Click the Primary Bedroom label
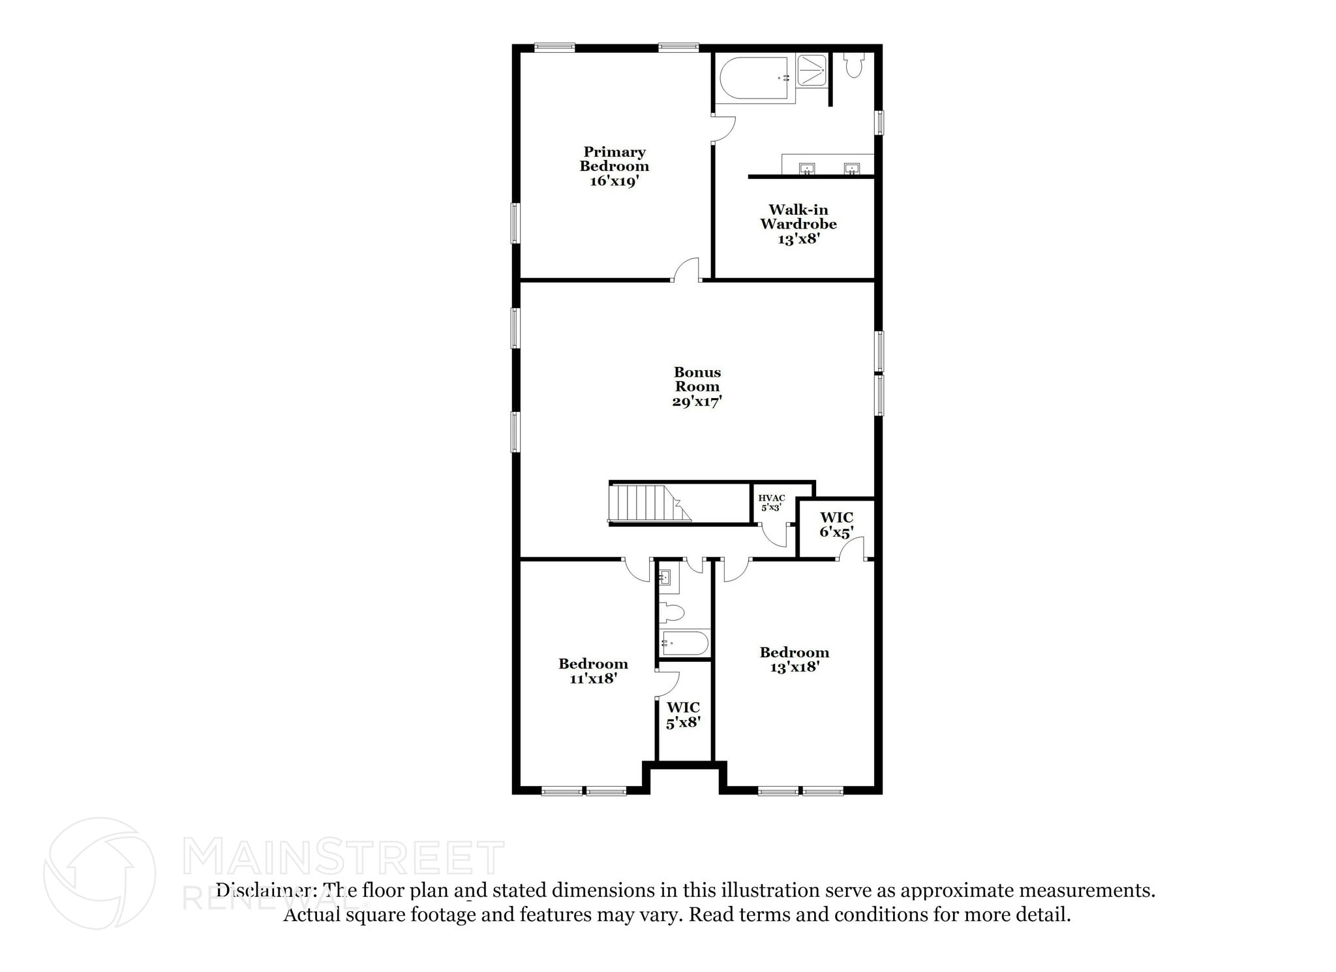[x=614, y=159]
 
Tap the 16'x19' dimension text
[x=614, y=181]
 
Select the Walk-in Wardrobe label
[x=798, y=217]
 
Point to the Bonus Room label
[x=697, y=379]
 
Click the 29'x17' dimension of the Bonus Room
[x=697, y=401]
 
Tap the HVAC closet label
[x=771, y=503]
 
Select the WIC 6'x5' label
[x=836, y=525]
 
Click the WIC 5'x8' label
[x=683, y=715]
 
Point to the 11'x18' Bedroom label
[x=593, y=671]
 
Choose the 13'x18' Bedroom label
[x=794, y=659]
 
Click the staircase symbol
[x=650, y=503]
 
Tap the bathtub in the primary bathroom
[x=755, y=78]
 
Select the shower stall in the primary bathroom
[x=812, y=70]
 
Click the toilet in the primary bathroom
[x=853, y=65]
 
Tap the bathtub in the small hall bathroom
[x=684, y=643]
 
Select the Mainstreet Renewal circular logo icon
[x=99, y=873]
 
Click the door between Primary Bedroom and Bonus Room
[x=686, y=270]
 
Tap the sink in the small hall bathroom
[x=665, y=578]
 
